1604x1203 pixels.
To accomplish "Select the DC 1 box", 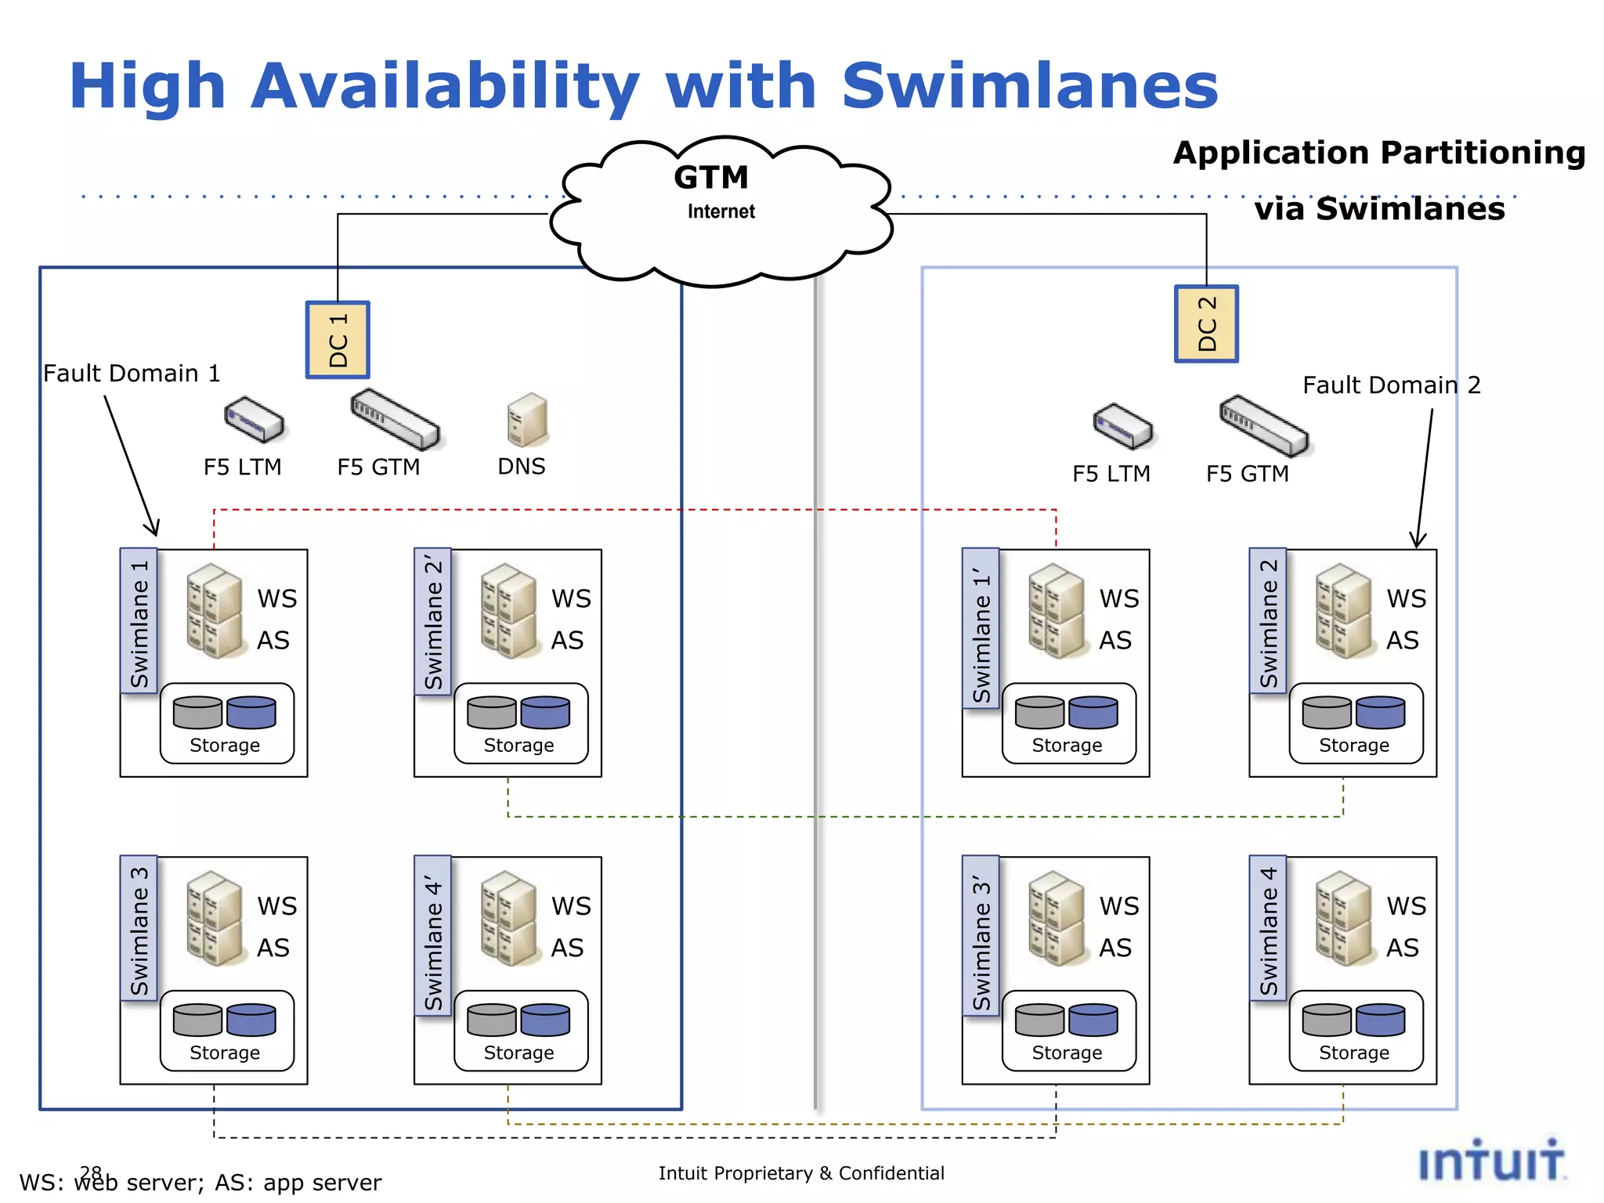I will coord(338,340).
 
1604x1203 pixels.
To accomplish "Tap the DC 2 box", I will coord(1206,323).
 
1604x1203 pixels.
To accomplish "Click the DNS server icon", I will coord(527,420).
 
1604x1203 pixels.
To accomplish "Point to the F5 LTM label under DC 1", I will coord(242,468).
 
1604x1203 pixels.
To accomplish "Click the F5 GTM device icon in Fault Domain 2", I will coord(1263,424).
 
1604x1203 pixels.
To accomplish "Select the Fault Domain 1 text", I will coord(132,374).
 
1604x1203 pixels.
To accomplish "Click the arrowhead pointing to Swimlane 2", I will coord(1418,541).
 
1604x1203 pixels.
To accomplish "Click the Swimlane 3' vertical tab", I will coord(981,936).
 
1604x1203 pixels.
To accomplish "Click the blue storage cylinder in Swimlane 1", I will coord(251,713).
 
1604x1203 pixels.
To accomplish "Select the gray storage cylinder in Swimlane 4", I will coord(1326,1020).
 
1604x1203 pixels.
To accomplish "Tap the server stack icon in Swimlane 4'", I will coord(509,918).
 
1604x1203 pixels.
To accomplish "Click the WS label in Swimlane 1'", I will coord(1118,599).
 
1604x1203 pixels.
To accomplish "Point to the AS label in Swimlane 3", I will coord(273,948).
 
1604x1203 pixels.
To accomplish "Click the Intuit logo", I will coord(1491,1161).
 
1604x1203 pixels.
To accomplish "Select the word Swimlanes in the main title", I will coord(1029,85).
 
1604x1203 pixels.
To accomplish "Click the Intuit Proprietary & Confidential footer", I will coord(800,1173).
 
